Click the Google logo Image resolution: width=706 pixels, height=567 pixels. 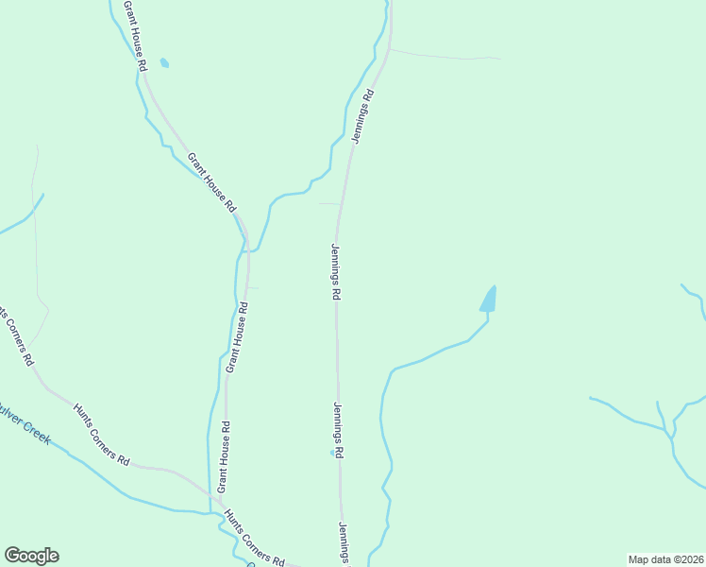pyautogui.click(x=31, y=556)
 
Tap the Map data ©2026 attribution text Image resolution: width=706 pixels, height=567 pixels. pyautogui.click(x=664, y=559)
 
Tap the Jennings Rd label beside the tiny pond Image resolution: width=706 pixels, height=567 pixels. pyautogui.click(x=337, y=430)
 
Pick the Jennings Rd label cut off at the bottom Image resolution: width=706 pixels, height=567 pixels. pyautogui.click(x=345, y=544)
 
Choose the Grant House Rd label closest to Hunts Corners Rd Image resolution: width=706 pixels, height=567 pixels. pyautogui.click(x=224, y=456)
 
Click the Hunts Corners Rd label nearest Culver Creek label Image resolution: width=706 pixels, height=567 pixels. pyautogui.click(x=100, y=434)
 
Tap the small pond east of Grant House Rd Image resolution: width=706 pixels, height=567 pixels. pyautogui.click(x=165, y=63)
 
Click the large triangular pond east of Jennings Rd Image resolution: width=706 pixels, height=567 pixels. pyautogui.click(x=488, y=300)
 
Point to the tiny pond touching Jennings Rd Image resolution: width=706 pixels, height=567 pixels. pyautogui.click(x=332, y=454)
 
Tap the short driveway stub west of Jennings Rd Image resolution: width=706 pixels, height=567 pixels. pyautogui.click(x=328, y=203)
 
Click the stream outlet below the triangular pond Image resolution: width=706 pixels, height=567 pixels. pyautogui.click(x=487, y=318)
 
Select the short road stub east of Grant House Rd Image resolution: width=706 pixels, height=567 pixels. pyautogui.click(x=252, y=287)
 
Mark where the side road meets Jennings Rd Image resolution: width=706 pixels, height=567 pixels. pyautogui.click(x=390, y=50)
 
